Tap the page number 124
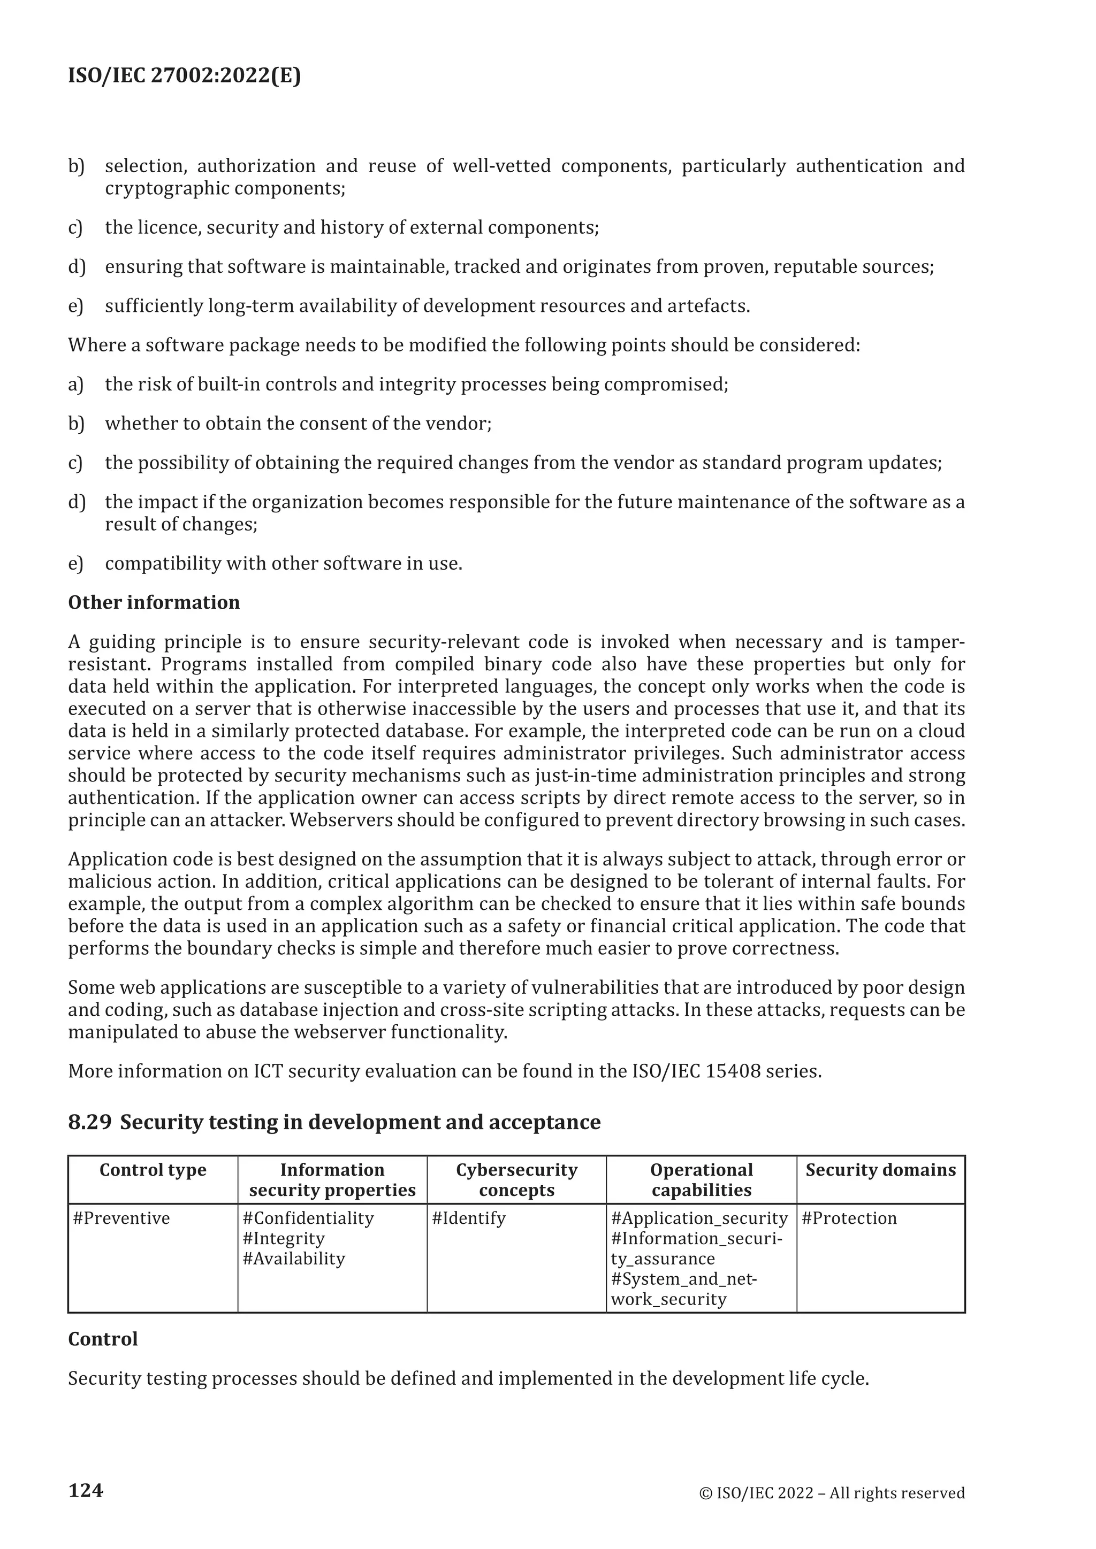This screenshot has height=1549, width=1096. click(x=86, y=1490)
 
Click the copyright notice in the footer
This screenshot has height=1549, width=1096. click(x=832, y=1493)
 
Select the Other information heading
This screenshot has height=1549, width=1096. click(x=154, y=602)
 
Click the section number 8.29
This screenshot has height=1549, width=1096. click(x=89, y=1122)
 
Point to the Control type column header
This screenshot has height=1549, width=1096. click(x=153, y=1170)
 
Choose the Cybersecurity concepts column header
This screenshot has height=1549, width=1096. click(x=516, y=1180)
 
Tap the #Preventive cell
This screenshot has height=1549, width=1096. click(x=121, y=1218)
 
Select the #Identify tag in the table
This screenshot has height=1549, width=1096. click(x=468, y=1218)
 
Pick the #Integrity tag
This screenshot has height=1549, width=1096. click(x=284, y=1239)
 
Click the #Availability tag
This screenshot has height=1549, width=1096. click(x=294, y=1259)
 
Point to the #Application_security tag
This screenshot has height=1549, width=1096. click(x=699, y=1218)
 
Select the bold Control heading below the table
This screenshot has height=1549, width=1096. click(x=103, y=1339)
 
